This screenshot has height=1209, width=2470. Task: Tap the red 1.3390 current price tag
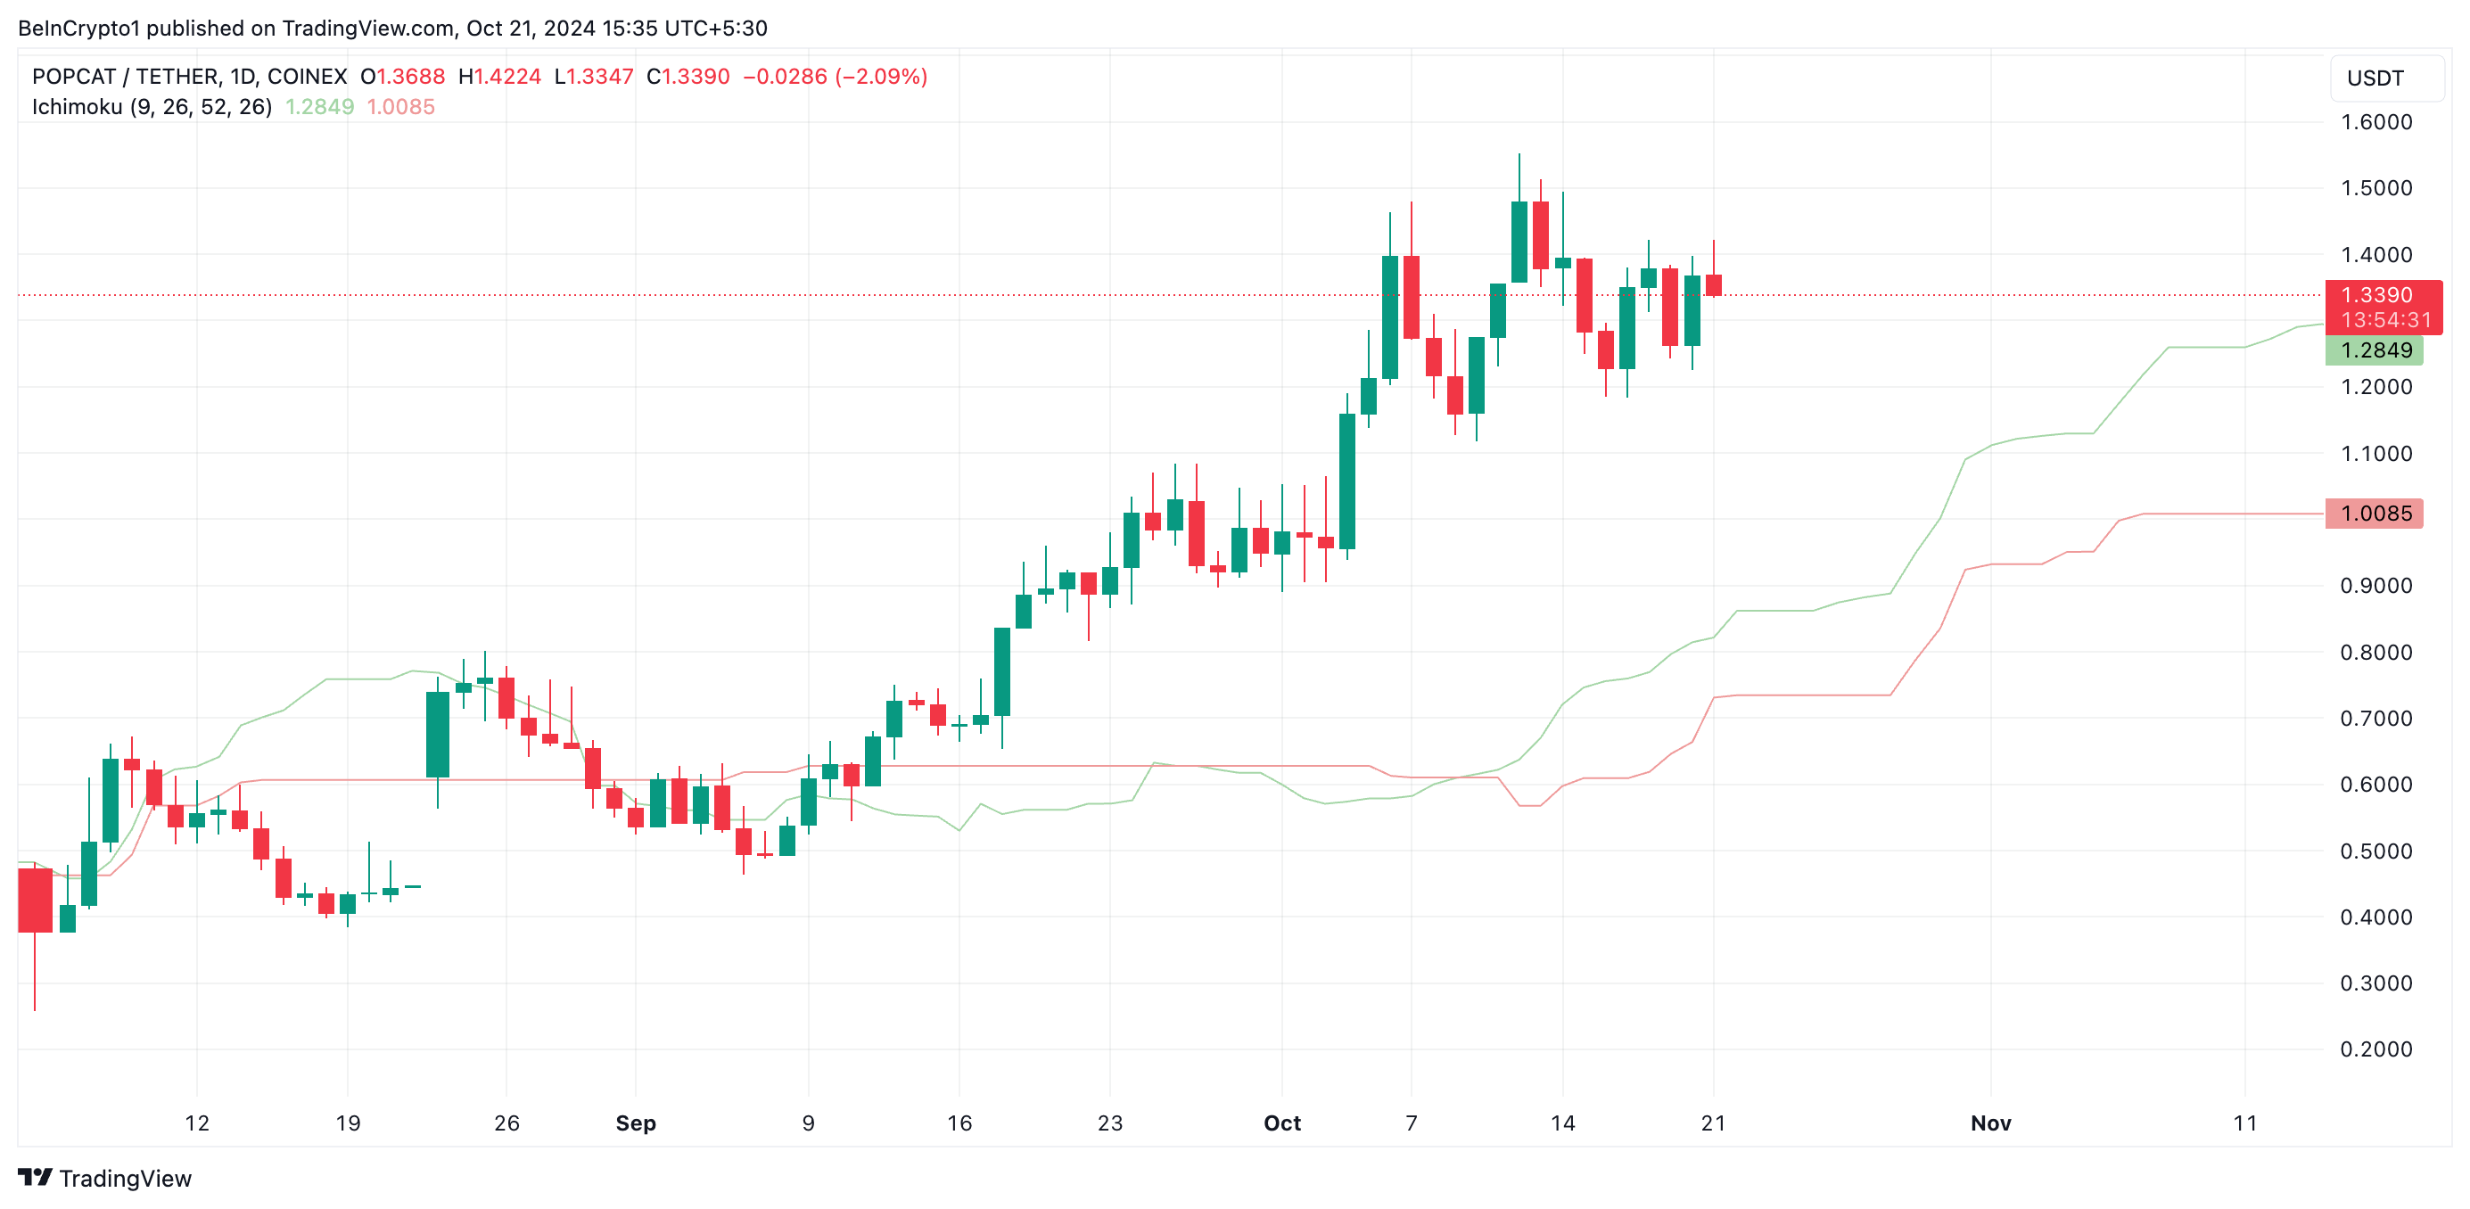pos(2376,295)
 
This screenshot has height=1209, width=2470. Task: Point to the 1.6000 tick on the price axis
pos(2376,123)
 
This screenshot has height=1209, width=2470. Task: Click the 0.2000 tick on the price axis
pos(2376,1049)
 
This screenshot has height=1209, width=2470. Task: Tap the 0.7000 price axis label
pos(2376,718)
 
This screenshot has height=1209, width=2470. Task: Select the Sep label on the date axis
pos(636,1123)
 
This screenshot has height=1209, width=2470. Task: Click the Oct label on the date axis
pos(1282,1123)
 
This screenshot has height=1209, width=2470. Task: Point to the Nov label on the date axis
pos(1990,1123)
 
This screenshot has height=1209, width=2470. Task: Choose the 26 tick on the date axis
pos(506,1123)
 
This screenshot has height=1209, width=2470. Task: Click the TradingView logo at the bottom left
pos(105,1179)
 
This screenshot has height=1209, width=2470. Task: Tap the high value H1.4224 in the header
pos(499,77)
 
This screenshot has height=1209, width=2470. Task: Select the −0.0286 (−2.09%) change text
pos(835,77)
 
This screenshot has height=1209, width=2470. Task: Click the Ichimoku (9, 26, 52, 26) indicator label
pos(152,107)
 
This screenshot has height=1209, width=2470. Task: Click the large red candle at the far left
pos(35,900)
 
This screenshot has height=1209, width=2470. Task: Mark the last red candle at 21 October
pos(1714,284)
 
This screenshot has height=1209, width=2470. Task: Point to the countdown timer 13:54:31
pos(2385,320)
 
